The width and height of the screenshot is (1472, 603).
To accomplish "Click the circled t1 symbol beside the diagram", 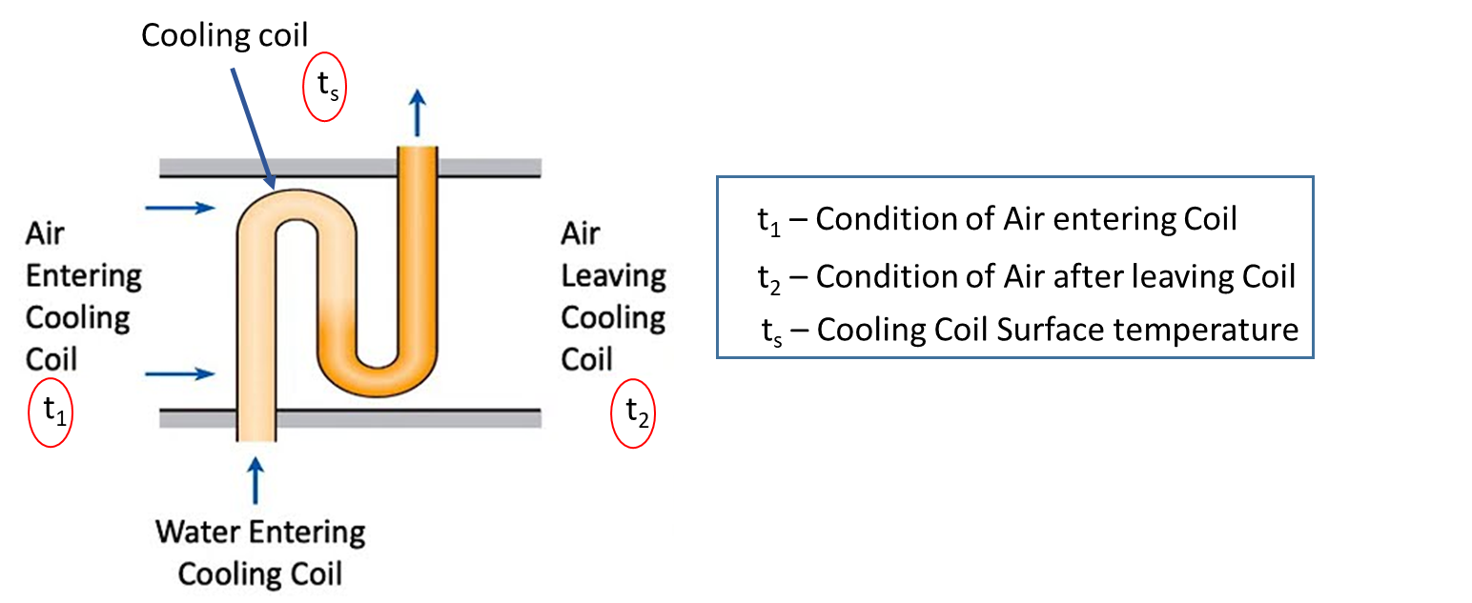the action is [51, 412].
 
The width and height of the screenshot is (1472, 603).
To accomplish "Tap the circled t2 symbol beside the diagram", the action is [633, 413].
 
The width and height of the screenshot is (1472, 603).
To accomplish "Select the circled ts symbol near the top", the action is [325, 87].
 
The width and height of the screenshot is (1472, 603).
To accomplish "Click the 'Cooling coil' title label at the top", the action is [224, 35].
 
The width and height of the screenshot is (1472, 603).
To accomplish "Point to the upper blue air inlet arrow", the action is [180, 209].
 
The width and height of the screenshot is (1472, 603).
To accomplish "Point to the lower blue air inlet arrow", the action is [180, 374].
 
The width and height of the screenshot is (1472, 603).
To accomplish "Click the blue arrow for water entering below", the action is [256, 481].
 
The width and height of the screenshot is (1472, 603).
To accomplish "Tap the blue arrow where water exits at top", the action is [418, 113].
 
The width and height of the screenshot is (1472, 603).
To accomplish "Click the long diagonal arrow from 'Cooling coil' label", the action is [253, 128].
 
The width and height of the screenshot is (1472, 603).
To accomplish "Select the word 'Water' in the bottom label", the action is [197, 533].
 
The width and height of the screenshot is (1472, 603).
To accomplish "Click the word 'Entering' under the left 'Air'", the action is [84, 276].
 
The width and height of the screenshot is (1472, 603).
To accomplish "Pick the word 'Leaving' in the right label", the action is [613, 276].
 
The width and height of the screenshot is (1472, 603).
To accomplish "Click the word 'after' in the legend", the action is [1078, 276].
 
